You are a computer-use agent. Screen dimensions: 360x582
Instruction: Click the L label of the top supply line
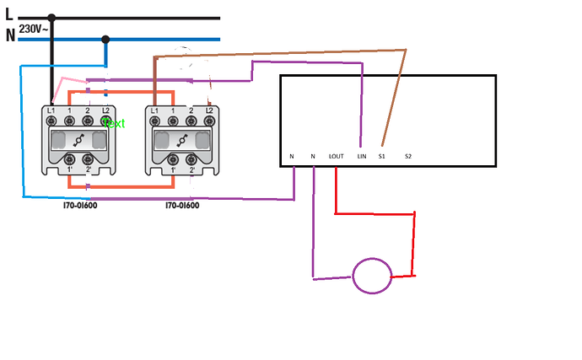pyautogui.click(x=9, y=14)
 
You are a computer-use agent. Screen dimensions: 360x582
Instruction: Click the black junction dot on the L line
pyautogui.click(x=51, y=17)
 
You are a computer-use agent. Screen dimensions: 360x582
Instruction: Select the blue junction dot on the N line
pyautogui.click(x=105, y=39)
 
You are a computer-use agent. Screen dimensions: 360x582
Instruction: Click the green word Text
pyautogui.click(x=113, y=123)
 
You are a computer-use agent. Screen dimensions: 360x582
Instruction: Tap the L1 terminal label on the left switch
pyautogui.click(x=51, y=111)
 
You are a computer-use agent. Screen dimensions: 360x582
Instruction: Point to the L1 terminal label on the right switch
pyautogui.click(x=154, y=111)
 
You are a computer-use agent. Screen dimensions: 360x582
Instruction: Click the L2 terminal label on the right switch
pyautogui.click(x=210, y=111)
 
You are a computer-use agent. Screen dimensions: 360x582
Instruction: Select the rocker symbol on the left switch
pyautogui.click(x=78, y=140)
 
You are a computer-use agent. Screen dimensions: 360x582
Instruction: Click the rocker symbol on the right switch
pyautogui.click(x=182, y=140)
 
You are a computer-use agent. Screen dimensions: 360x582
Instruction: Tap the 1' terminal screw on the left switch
pyautogui.click(x=69, y=159)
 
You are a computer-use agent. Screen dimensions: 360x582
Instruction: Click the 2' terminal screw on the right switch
pyautogui.click(x=192, y=159)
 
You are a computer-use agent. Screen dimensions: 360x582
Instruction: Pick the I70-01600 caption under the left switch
pyautogui.click(x=80, y=205)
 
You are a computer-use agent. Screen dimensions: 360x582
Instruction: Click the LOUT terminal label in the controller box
pyautogui.click(x=336, y=156)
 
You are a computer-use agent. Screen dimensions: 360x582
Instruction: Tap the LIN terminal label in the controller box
pyautogui.click(x=361, y=156)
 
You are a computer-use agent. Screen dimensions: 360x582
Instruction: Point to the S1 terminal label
pyautogui.click(x=382, y=156)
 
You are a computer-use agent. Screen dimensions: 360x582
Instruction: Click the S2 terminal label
pyautogui.click(x=408, y=156)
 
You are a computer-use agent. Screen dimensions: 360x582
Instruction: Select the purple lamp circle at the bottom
pyautogui.click(x=372, y=276)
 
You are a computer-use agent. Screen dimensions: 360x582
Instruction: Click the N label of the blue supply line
pyautogui.click(x=10, y=35)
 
